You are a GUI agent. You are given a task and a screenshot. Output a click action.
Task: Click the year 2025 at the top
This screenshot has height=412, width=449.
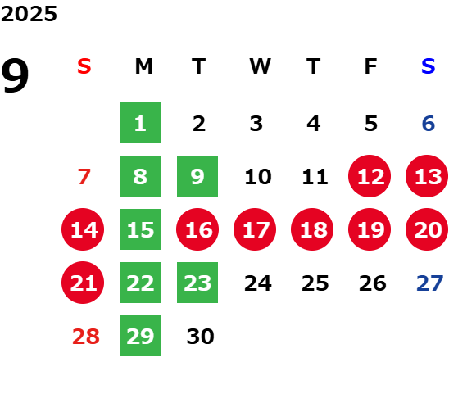click(x=29, y=14)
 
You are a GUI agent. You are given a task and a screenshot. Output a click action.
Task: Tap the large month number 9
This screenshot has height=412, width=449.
click(x=15, y=75)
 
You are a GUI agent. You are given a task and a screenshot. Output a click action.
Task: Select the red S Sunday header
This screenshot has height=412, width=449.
click(x=84, y=66)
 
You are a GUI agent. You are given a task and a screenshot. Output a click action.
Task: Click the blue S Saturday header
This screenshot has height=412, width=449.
click(x=429, y=66)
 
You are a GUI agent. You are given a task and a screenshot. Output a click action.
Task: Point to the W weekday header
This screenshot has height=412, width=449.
click(x=260, y=66)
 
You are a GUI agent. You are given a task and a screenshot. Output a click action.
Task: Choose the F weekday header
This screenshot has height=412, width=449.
click(x=370, y=66)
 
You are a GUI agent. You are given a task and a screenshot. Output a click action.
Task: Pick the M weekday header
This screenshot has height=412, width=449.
click(x=143, y=66)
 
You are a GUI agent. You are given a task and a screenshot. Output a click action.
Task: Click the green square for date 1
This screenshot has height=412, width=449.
click(x=140, y=123)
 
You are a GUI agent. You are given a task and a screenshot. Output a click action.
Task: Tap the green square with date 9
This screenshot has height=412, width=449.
click(x=197, y=176)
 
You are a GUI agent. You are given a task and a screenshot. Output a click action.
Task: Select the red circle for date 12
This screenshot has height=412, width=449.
click(x=370, y=176)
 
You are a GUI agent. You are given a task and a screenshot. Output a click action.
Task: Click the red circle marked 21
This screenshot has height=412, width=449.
click(x=83, y=283)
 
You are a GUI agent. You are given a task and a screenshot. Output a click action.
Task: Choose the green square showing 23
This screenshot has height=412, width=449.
click(x=197, y=283)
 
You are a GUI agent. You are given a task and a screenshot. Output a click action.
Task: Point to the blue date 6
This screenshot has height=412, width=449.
click(x=429, y=124)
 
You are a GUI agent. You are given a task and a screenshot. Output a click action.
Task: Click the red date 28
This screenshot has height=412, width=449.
click(x=86, y=337)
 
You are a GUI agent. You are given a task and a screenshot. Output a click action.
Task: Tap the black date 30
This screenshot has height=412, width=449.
click(x=201, y=337)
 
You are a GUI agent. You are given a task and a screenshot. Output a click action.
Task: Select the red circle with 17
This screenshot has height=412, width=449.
click(x=255, y=229)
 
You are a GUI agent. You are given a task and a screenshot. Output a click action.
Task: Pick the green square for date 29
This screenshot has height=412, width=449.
click(x=140, y=336)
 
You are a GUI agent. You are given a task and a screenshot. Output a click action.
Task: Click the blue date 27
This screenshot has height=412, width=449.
click(x=430, y=283)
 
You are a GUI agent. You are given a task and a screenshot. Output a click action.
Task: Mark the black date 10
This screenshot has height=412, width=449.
click(x=258, y=177)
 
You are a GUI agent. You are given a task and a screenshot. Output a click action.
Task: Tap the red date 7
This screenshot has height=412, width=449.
click(x=84, y=177)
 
